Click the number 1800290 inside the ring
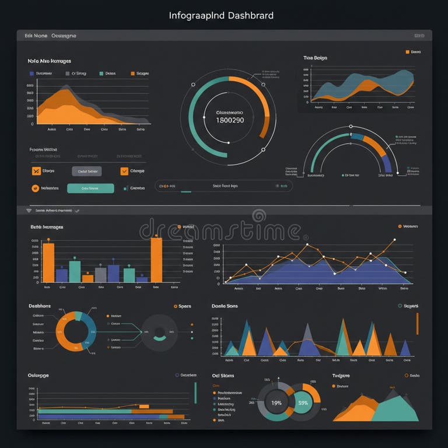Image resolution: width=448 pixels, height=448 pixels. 230,120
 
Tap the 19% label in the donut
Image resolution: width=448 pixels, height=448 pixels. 276,402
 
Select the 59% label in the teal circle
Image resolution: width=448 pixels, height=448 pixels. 303,402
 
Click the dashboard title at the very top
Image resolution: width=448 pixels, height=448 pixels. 221,15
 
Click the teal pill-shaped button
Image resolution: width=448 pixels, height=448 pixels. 90,188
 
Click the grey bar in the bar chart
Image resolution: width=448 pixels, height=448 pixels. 101,274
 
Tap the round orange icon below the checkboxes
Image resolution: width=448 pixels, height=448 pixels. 35,188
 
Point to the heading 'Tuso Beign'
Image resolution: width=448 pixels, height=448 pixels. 315,58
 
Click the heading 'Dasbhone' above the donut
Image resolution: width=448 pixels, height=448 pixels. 40,306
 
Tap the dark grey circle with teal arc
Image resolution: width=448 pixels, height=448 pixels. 159,332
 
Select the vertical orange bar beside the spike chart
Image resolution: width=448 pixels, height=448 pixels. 417,324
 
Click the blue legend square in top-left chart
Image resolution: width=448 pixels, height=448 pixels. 31,73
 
